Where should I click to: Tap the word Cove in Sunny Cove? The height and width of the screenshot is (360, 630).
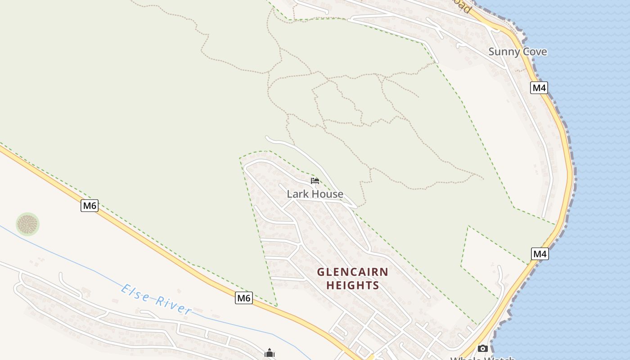coord(534,52)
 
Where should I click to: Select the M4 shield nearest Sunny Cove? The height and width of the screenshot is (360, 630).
coord(539,88)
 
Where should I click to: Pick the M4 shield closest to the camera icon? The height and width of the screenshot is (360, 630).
coord(540,254)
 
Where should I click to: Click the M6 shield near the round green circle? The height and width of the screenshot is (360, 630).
coord(90,206)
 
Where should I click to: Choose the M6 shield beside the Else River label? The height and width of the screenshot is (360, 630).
coord(243,298)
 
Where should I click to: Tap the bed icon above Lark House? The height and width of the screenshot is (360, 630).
coord(315,181)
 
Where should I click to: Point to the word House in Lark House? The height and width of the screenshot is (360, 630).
coord(328,194)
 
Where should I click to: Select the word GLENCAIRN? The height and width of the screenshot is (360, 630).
coord(352,272)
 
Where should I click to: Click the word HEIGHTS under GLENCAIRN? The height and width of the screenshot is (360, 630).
coord(352,285)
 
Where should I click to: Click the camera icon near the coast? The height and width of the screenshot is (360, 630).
coord(482,349)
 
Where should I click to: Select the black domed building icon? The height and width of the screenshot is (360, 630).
coord(270,353)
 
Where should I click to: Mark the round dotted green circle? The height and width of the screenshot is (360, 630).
coord(27,224)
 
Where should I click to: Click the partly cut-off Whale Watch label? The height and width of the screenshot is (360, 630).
coord(482,358)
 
